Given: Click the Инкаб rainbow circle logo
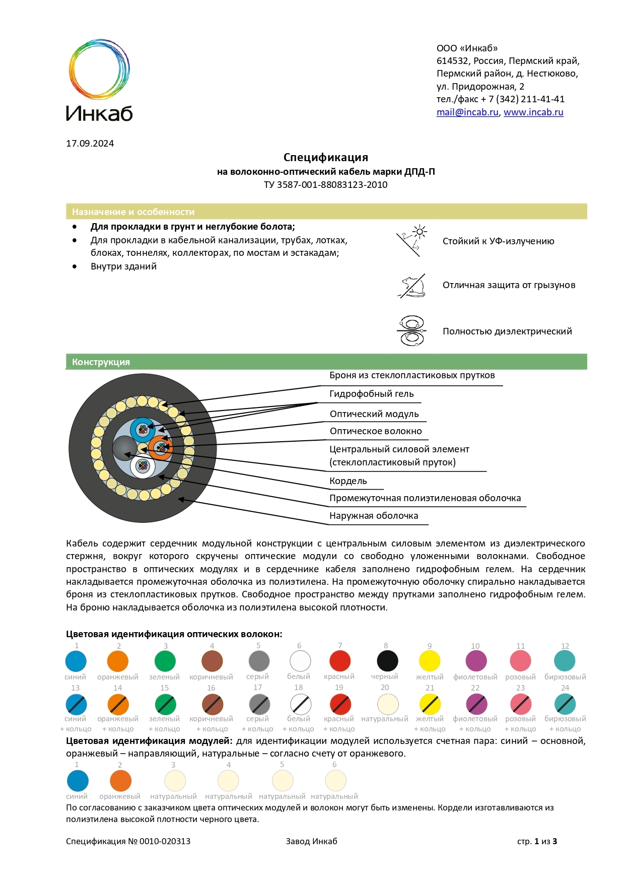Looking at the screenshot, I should pyautogui.click(x=99, y=69).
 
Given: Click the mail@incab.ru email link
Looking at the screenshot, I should pyautogui.click(x=467, y=112).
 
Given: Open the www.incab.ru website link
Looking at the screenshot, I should pyautogui.click(x=533, y=112).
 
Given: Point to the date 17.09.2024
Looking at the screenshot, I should pyautogui.click(x=90, y=144).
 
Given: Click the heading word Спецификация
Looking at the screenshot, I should pyautogui.click(x=325, y=158).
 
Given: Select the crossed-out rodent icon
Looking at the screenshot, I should pyautogui.click(x=412, y=286).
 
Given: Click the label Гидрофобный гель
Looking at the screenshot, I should pyautogui.click(x=371, y=394).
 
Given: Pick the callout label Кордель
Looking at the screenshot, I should pyautogui.click(x=348, y=481).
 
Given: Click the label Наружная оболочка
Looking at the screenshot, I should pyautogui.click(x=374, y=516).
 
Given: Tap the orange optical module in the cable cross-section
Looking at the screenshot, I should pyautogui.click(x=161, y=447).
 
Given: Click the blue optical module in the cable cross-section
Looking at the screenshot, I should pyautogui.click(x=143, y=430).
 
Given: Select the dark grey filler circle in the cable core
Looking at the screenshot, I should pyautogui.click(x=124, y=447).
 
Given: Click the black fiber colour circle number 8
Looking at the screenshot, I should pyautogui.click(x=387, y=661).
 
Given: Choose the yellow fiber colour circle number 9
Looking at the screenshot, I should pyautogui.click(x=430, y=661).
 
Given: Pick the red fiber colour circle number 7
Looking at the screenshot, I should pyautogui.click(x=340, y=661).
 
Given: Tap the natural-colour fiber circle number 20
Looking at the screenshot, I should pyautogui.click(x=388, y=704).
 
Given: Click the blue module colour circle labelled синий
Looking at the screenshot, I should pyautogui.click(x=78, y=781).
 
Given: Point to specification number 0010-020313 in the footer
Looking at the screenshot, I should pyautogui.click(x=165, y=841).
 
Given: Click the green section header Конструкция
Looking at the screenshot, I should pyautogui.click(x=101, y=362).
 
